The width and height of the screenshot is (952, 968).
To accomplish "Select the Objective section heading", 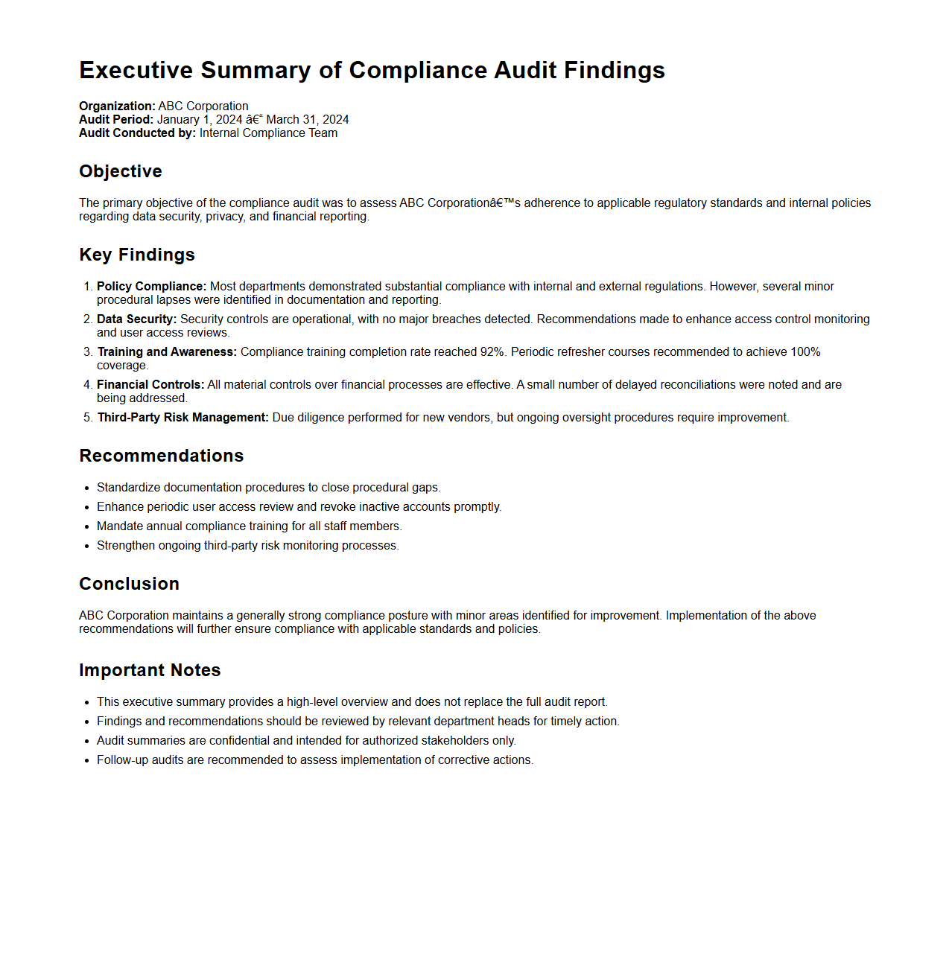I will pos(121,171).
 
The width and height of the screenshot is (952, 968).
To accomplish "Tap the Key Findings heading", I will pos(137,255).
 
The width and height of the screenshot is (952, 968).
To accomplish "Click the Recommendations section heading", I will pos(162,456).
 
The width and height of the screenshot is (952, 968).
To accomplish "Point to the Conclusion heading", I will pos(129,584).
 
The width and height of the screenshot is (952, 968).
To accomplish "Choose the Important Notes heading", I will pos(150,670).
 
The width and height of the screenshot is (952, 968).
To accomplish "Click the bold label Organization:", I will pos(117,106).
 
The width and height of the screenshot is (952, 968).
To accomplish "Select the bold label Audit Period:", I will pos(116,120).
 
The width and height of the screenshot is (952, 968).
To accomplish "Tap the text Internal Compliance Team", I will pos(268,133).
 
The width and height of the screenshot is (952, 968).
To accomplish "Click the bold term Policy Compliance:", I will pos(151,287).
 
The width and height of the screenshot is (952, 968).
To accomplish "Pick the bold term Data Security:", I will pos(136,319).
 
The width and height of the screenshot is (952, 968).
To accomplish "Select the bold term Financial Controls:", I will pos(150,385).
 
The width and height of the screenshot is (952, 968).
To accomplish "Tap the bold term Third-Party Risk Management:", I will pos(183,418).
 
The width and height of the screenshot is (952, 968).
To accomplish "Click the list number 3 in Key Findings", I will pos(87,352).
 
